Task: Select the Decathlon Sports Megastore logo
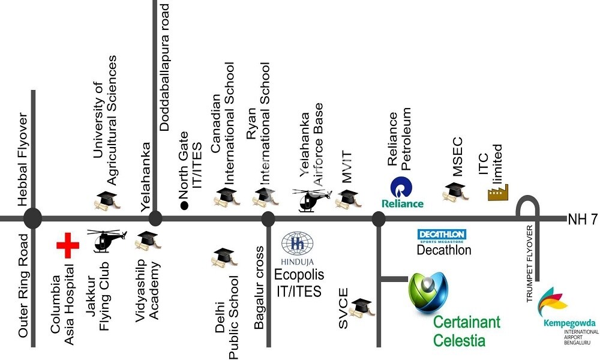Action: [442, 235]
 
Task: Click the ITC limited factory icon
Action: [497, 191]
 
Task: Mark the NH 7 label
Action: [583, 220]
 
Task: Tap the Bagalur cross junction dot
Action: [268, 219]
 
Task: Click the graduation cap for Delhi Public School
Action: [222, 257]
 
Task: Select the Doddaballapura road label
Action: [165, 66]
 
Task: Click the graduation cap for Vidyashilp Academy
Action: [144, 241]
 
